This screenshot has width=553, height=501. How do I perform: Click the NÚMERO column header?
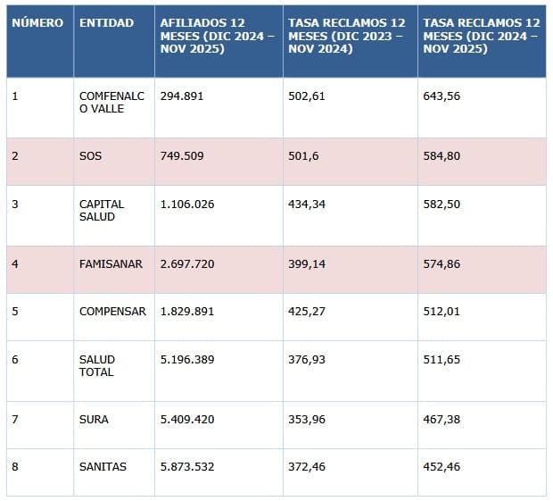(x=37, y=22)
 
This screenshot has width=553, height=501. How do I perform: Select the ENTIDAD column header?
(x=106, y=22)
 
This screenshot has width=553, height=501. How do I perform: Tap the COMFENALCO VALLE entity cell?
(x=102, y=102)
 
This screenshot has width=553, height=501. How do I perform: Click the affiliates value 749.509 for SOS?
(x=181, y=155)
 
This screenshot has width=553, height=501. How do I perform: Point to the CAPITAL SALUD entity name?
(x=102, y=210)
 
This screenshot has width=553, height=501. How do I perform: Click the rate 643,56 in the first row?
(x=442, y=96)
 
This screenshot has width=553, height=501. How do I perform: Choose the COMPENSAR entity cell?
(x=112, y=312)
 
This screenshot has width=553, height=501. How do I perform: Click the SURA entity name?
(x=94, y=419)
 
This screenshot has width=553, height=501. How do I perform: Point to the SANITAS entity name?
(x=103, y=466)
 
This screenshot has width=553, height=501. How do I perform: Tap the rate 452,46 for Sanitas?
(x=442, y=466)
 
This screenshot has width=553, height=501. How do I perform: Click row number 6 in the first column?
(x=15, y=359)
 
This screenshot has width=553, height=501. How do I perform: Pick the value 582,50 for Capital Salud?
(x=442, y=204)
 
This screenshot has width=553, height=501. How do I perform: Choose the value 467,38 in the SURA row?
(x=442, y=419)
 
